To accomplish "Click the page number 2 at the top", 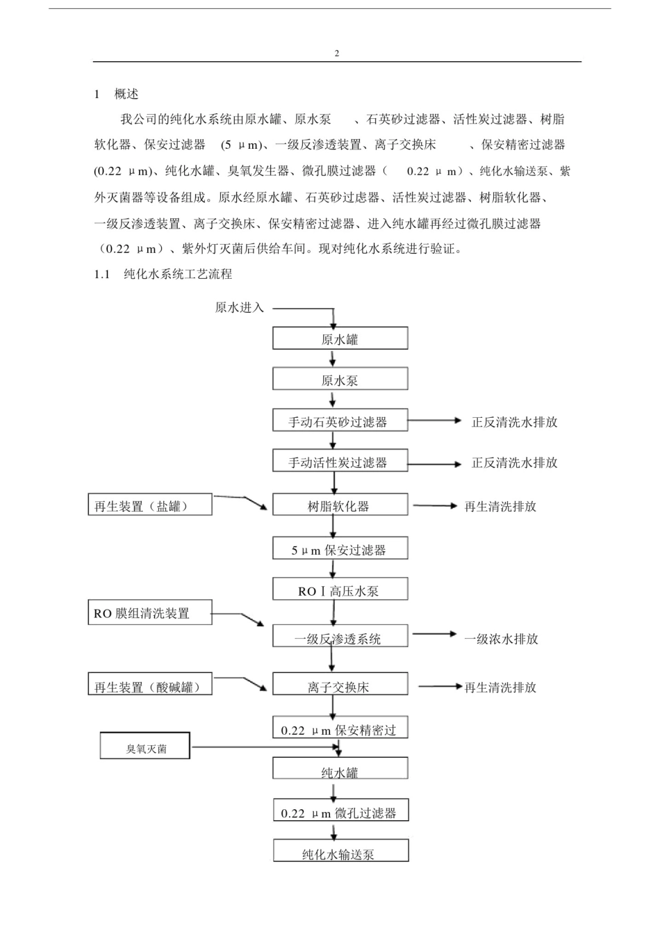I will tap(337, 54).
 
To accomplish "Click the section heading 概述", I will tap(126, 94).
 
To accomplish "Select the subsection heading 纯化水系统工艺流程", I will tap(178, 274).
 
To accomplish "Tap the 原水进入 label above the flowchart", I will tap(240, 307).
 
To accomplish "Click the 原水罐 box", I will tap(340, 339).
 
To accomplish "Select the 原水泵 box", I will tap(340, 380).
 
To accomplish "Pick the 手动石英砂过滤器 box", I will tap(340, 421).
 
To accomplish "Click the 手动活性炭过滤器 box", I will tap(340, 462).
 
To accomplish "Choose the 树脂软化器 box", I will tap(340, 505).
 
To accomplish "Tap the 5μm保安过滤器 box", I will tap(340, 549).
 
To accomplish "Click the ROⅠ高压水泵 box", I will tap(340, 590).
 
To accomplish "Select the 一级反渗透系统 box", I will tap(340, 637).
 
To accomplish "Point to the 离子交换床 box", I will tap(340, 685).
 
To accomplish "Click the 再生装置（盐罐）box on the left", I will tap(149, 505).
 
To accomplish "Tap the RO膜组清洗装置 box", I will tap(149, 613).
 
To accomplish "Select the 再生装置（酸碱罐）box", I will tap(149, 685).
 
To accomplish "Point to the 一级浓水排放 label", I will tap(501, 638).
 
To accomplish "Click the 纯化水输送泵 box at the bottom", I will tap(340, 852).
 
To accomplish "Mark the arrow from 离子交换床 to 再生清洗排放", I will tap(440, 687).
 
